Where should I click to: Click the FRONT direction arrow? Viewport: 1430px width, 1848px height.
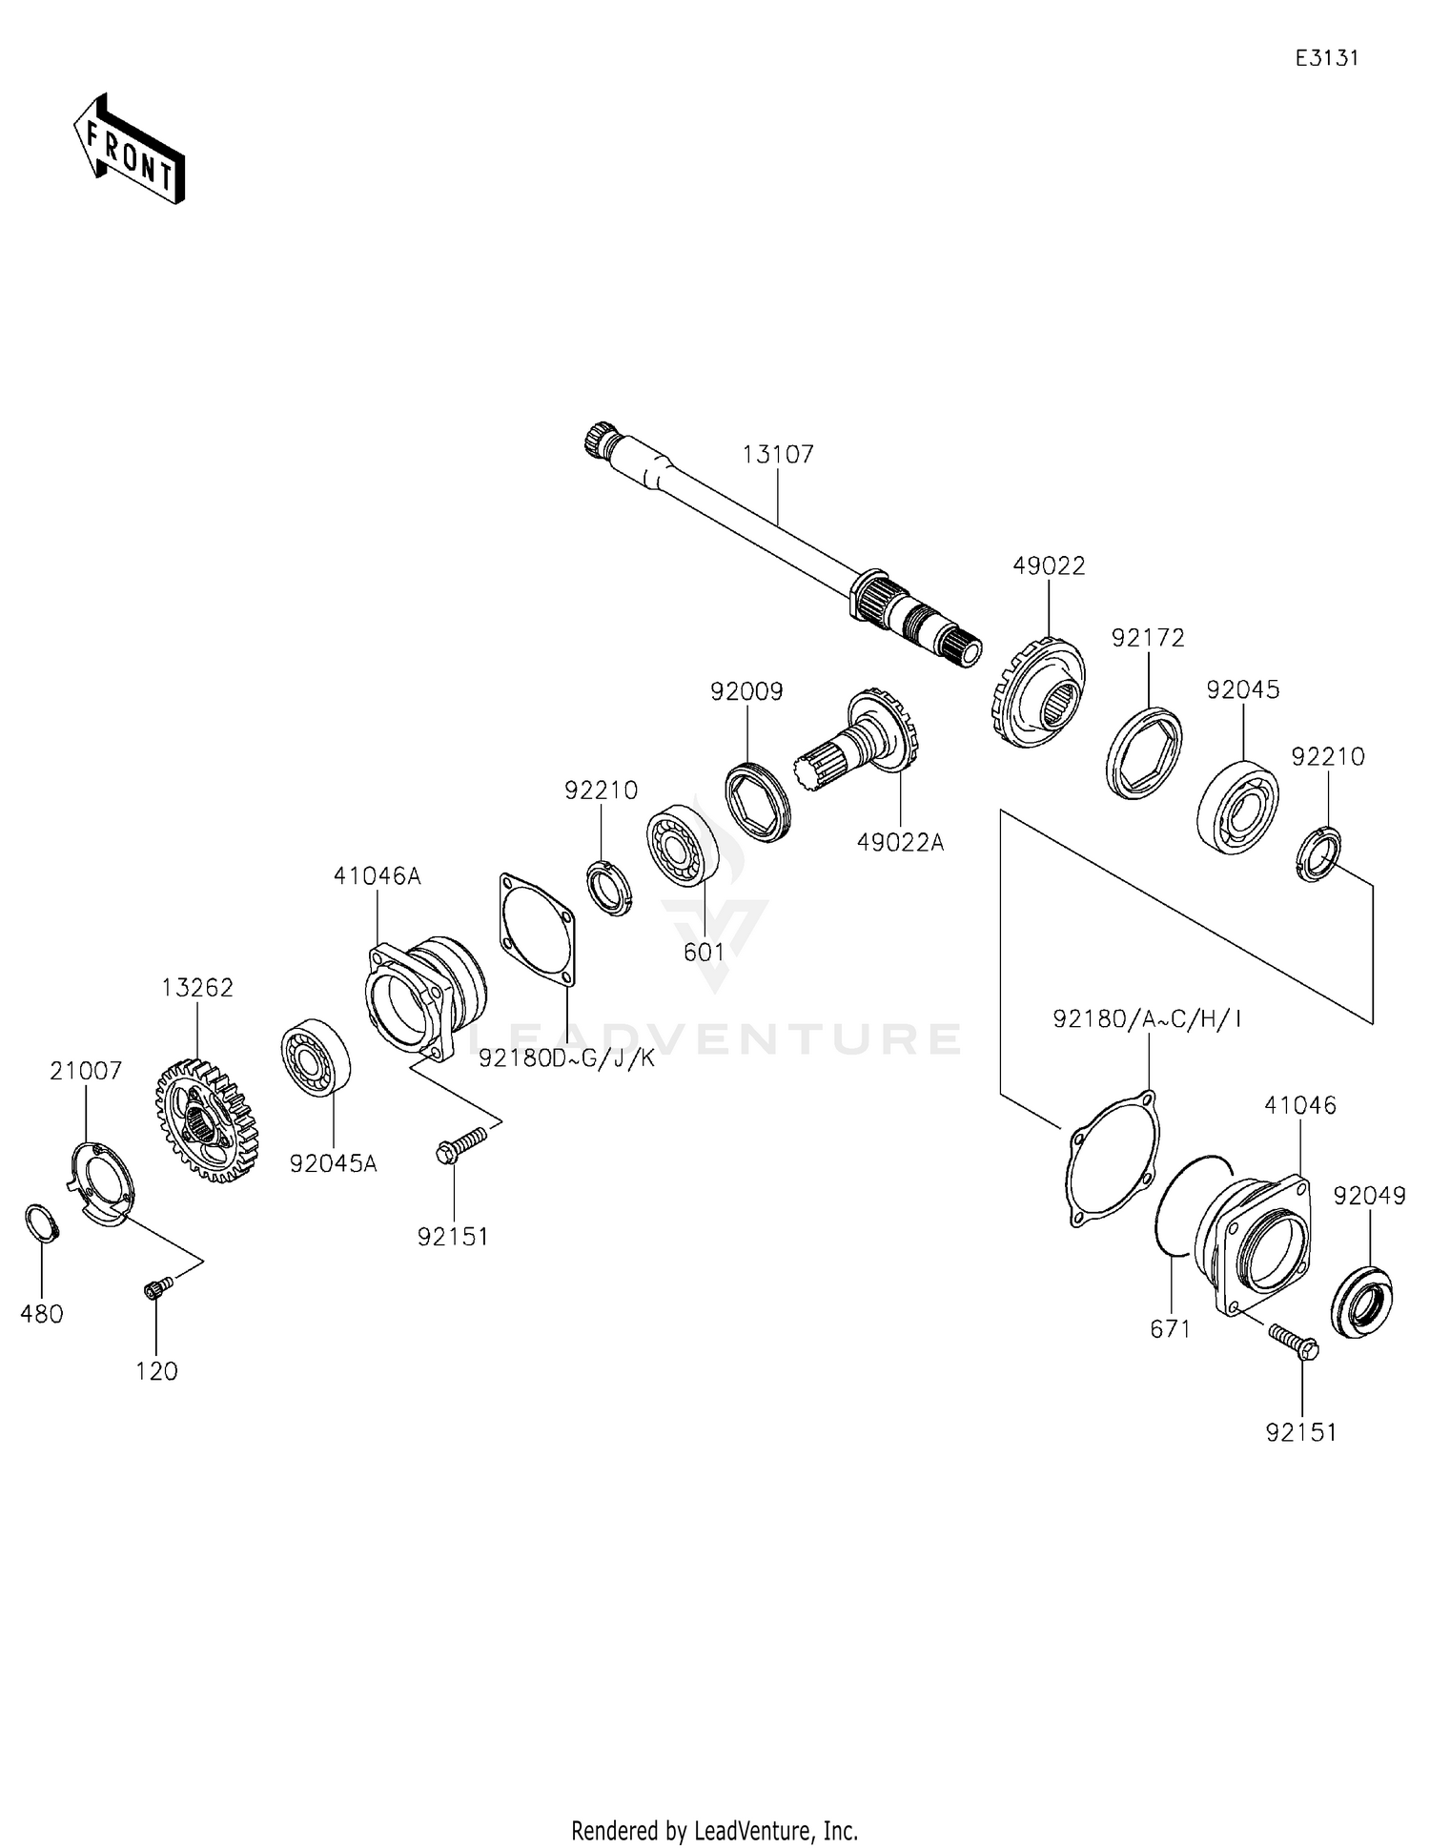129,151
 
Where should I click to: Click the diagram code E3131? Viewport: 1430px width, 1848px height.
1326,58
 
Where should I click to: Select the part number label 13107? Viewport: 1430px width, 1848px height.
778,454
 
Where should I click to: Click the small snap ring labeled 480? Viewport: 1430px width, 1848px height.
41,1222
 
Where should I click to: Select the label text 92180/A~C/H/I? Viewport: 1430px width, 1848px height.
1147,1019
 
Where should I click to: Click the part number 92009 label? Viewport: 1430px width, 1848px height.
746,691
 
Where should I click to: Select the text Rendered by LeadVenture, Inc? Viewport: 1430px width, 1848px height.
714,1830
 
